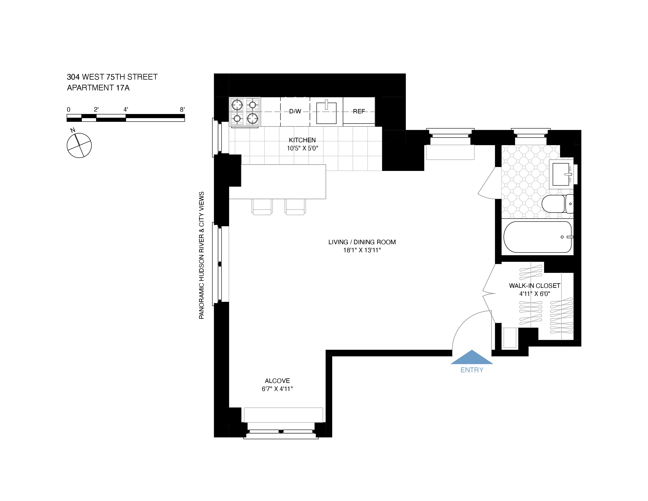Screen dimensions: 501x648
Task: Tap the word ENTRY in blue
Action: tap(472, 370)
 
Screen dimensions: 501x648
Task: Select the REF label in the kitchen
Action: tap(359, 111)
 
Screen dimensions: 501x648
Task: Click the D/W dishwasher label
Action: tap(295, 111)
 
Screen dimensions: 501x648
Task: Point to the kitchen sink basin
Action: tap(326, 113)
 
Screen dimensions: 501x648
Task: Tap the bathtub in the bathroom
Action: tap(537, 237)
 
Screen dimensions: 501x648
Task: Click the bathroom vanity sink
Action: tap(561, 174)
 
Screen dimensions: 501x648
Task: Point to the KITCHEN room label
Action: tap(302, 140)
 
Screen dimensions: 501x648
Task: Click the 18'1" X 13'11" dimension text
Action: tap(362, 250)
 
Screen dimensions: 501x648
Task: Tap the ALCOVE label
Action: tap(277, 381)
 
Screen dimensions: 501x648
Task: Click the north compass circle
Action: tap(79, 145)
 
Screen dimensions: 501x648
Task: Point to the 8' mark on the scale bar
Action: tap(182, 109)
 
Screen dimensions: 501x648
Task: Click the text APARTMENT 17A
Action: tap(98, 88)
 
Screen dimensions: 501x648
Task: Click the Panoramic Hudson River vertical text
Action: tap(201, 255)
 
